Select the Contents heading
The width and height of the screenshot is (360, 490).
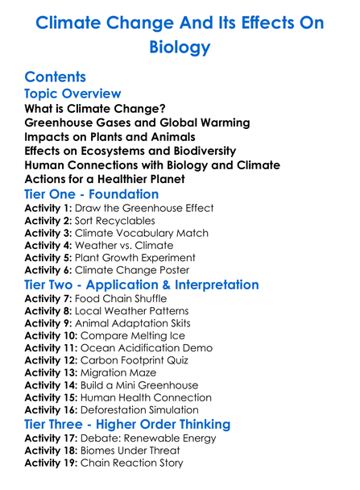[55, 77]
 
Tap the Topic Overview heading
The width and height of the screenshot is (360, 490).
[73, 94]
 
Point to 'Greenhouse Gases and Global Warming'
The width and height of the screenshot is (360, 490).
[137, 122]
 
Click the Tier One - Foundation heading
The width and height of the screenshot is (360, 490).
[92, 194]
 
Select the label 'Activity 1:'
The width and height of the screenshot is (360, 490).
[49, 208]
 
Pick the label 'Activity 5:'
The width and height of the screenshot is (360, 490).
[49, 258]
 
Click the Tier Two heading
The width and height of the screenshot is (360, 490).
[142, 285]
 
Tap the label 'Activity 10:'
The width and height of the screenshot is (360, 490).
[52, 336]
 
